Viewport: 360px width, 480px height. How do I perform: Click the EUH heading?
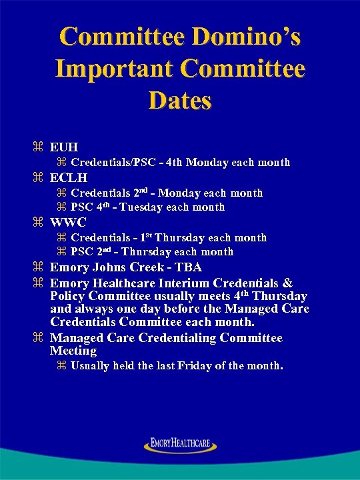click(64, 147)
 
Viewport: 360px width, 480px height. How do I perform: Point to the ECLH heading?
click(69, 178)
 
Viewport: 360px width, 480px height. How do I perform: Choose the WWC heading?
click(69, 223)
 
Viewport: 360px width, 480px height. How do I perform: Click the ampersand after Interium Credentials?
click(288, 283)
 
